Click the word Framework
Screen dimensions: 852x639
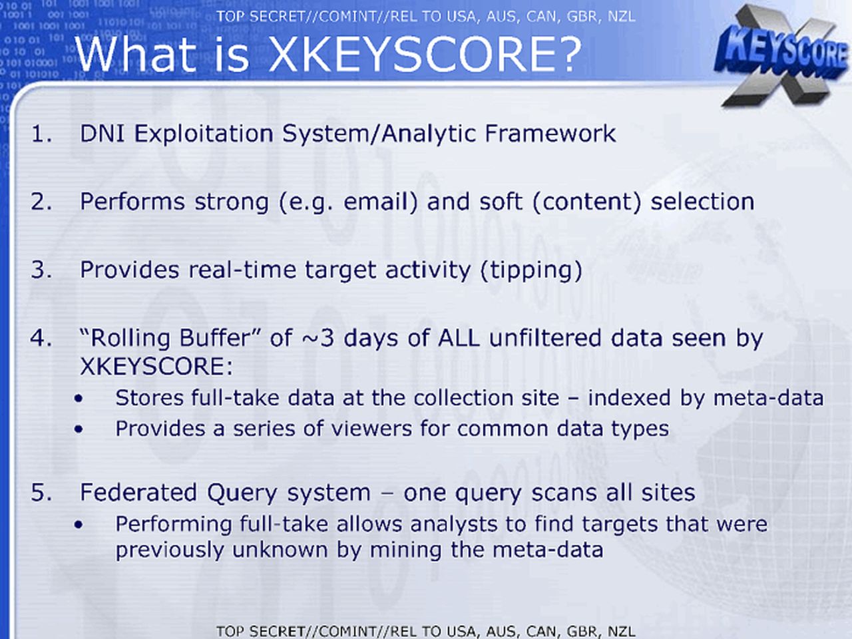(550, 134)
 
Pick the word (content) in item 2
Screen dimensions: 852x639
(587, 202)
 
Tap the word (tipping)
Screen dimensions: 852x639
(531, 270)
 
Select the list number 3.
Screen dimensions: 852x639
(41, 270)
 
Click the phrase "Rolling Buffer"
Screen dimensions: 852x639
(170, 337)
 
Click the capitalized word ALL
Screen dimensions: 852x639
(459, 338)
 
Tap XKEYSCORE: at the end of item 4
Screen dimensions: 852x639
(156, 366)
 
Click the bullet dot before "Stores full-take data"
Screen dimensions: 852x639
(79, 399)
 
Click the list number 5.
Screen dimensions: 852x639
(41, 493)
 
